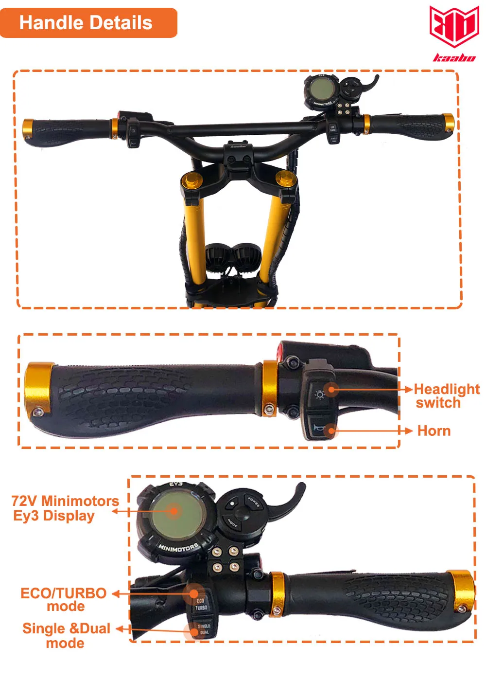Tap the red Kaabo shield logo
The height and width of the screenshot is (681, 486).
tap(454, 26)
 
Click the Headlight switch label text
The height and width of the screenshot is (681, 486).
tap(446, 396)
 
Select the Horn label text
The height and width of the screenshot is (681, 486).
tap(434, 431)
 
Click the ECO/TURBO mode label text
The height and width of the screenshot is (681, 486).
tap(64, 600)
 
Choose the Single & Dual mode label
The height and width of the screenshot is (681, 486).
tap(66, 635)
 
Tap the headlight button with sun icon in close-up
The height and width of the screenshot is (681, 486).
tap(320, 394)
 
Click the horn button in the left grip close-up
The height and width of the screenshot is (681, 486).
tap(319, 428)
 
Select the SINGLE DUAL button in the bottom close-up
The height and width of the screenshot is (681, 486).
tap(204, 629)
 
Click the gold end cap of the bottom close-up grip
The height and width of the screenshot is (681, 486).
tap(462, 591)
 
